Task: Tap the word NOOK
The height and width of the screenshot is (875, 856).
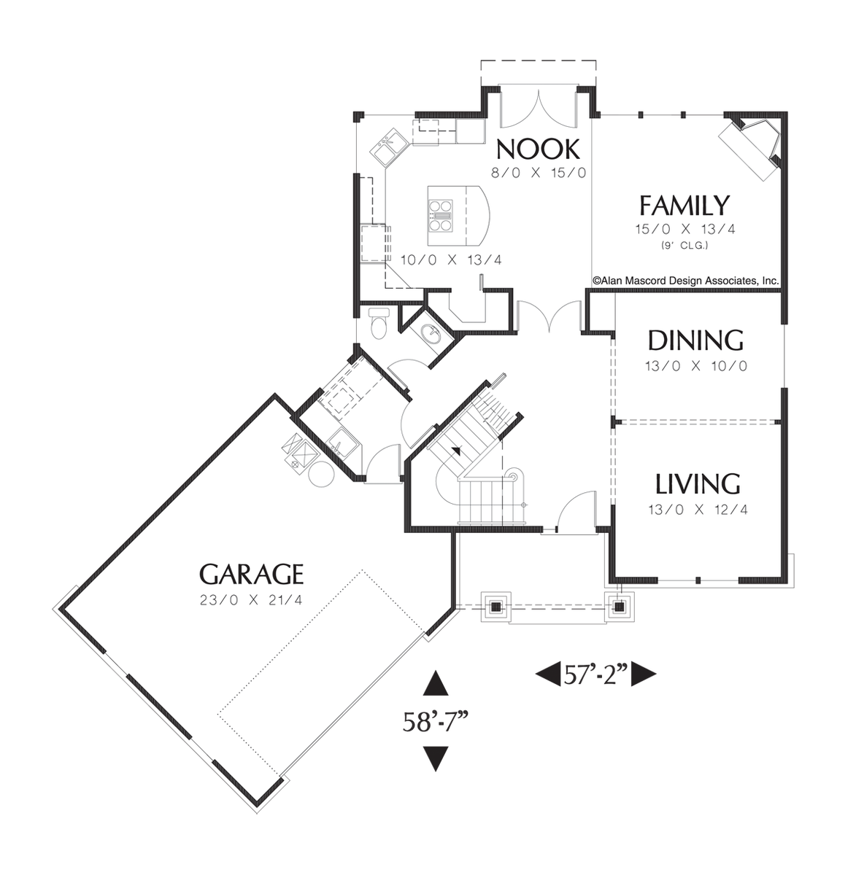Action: (x=538, y=149)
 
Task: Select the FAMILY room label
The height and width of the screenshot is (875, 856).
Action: (x=684, y=206)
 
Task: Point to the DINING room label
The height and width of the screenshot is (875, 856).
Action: (x=695, y=341)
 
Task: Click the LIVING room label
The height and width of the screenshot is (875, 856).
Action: (x=697, y=484)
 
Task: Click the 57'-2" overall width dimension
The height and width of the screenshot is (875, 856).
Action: (x=596, y=674)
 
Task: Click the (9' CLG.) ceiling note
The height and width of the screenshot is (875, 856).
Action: (x=685, y=245)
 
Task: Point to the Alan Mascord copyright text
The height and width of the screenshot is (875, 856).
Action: (x=685, y=280)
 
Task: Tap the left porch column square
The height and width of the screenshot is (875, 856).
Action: (x=496, y=605)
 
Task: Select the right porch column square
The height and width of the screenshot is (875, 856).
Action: (x=620, y=605)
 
